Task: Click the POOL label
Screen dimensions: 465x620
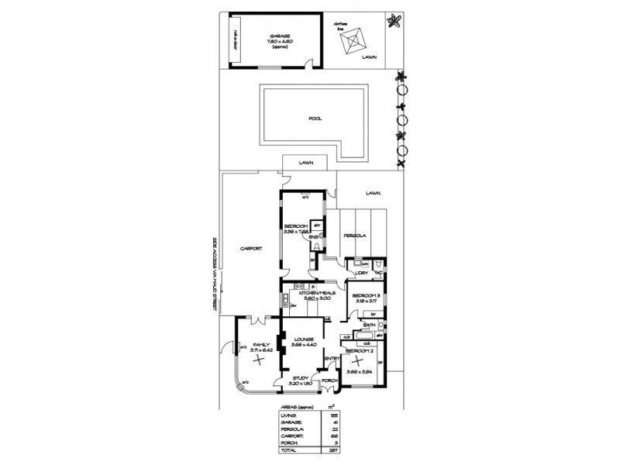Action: tap(315, 119)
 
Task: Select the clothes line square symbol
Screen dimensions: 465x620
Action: tap(358, 39)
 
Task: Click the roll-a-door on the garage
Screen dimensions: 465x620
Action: tap(235, 41)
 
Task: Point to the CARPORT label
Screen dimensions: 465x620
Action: tap(250, 249)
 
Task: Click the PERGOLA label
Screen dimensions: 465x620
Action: tap(354, 235)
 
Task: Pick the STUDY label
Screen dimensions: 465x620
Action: tap(301, 379)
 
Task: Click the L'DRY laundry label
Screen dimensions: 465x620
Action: tap(361, 273)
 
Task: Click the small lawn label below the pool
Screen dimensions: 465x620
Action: tap(306, 164)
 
